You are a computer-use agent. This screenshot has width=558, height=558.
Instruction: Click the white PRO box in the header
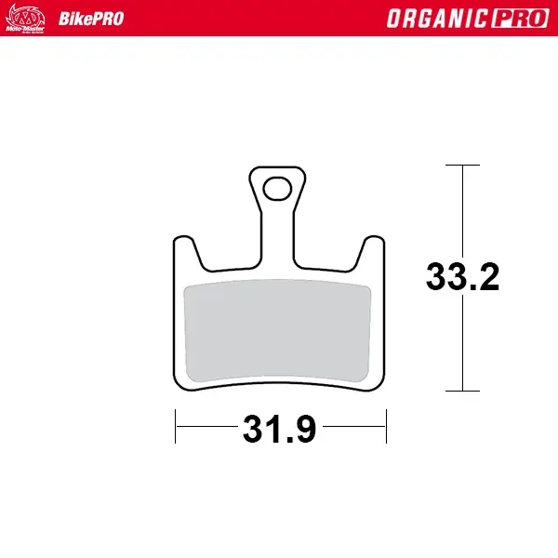(520, 19)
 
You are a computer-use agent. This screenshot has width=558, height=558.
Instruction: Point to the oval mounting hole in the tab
(277, 189)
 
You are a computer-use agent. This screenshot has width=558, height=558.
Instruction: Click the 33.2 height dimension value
(462, 277)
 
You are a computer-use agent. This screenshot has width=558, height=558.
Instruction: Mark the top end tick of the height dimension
(462, 166)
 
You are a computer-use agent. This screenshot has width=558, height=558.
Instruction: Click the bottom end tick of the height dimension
(462, 391)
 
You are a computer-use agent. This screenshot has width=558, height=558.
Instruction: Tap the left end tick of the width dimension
(176, 428)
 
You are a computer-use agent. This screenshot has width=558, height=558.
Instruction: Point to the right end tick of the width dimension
(386, 428)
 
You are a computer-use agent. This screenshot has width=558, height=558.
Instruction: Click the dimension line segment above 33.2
(462, 209)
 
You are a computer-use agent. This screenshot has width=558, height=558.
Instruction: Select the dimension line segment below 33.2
(462, 344)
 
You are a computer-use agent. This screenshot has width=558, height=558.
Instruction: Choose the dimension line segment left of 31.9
(205, 428)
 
